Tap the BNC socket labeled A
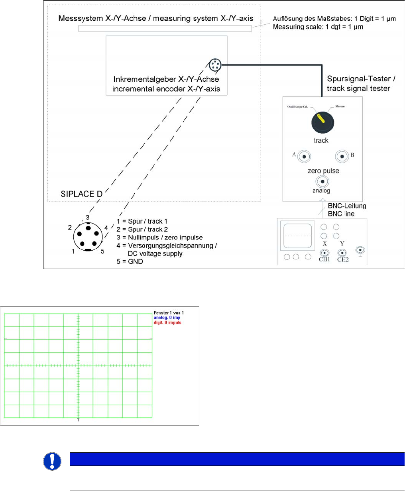click(x=305, y=156)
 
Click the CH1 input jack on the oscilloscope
click(x=324, y=253)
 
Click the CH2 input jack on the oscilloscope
click(x=342, y=253)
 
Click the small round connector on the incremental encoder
click(x=215, y=64)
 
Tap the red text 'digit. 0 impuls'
click(x=167, y=322)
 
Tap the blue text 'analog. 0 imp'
click(x=166, y=318)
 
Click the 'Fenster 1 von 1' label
click(x=169, y=313)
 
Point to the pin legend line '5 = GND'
click(x=130, y=262)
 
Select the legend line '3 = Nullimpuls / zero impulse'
click(x=159, y=238)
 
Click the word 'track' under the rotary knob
click(x=321, y=140)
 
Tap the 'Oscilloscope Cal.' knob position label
click(x=297, y=107)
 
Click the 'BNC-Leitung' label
click(x=346, y=206)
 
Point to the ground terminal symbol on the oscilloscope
click(x=360, y=251)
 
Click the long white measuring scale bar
click(x=165, y=29)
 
